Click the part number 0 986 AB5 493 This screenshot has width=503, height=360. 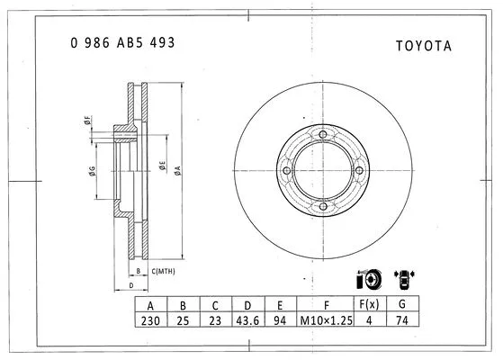pyautogui.click(x=122, y=42)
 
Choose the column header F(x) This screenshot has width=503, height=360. pyautogui.click(x=366, y=304)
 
